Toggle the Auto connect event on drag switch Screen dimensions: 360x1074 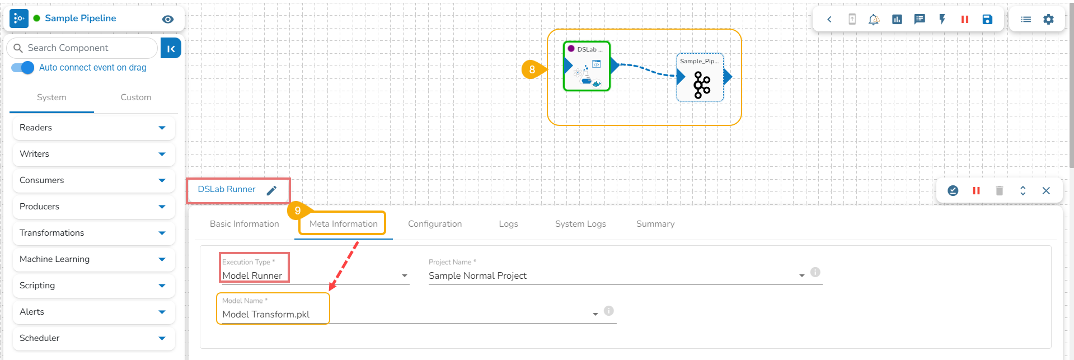tap(23, 68)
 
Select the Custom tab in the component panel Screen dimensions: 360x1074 tap(135, 97)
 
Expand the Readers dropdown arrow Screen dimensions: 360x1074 tap(162, 128)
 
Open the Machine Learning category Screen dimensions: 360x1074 tap(54, 259)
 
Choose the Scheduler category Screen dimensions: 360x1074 tap(39, 338)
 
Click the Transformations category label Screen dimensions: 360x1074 tap(51, 233)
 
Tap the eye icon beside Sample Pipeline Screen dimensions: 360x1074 tap(167, 19)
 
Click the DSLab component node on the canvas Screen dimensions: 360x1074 tap(587, 67)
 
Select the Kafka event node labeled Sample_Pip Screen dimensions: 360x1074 tap(700, 78)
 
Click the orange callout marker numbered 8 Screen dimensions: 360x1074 tap(532, 69)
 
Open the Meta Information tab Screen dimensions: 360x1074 tap(343, 224)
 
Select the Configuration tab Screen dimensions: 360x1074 tap(435, 224)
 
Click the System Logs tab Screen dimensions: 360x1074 tap(580, 224)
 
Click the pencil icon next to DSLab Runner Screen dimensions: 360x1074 tap(271, 190)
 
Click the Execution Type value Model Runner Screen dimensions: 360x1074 tap(252, 275)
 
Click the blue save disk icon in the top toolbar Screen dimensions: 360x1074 tap(987, 20)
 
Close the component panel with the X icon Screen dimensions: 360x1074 tap(1045, 191)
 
